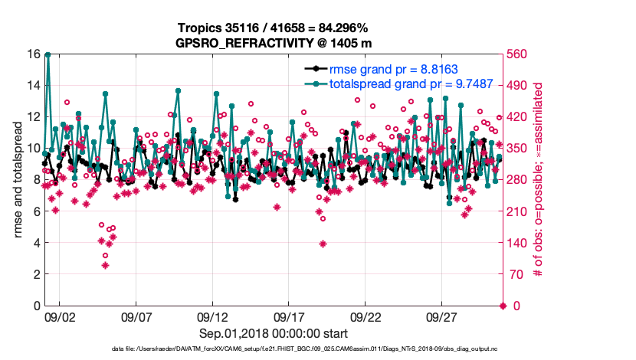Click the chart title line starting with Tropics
pyautogui.click(x=274, y=28)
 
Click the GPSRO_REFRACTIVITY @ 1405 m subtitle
pyautogui.click(x=274, y=43)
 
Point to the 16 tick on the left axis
pyautogui.click(x=33, y=54)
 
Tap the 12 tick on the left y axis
pyautogui.click(x=33, y=117)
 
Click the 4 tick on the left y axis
pyautogui.click(x=36, y=243)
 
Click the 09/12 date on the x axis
pyautogui.click(x=212, y=316)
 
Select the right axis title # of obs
pyautogui.click(x=538, y=180)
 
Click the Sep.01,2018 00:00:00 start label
pyautogui.click(x=274, y=333)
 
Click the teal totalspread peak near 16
pyautogui.click(x=48, y=54)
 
